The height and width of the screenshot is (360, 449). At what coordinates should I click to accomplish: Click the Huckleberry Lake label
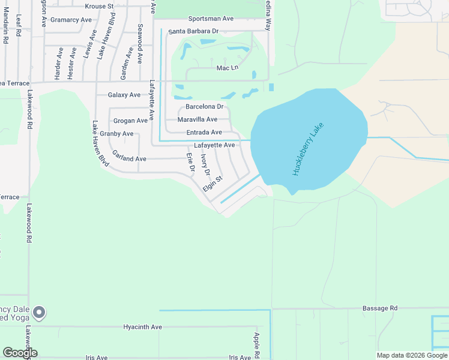coord(308,149)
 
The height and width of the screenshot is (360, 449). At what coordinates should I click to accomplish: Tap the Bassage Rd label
coord(380,308)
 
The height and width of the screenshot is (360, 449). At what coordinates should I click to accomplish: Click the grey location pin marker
coord(39,313)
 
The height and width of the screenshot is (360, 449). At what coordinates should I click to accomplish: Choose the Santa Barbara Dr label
coord(193,31)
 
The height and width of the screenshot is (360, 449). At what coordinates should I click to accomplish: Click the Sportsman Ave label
coord(210,19)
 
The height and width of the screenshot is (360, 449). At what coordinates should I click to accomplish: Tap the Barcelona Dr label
coord(204,107)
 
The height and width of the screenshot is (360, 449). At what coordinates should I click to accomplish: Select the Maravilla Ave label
coord(197,119)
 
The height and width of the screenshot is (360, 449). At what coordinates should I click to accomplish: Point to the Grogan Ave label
coord(130,121)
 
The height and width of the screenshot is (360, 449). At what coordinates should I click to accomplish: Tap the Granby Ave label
coord(116,134)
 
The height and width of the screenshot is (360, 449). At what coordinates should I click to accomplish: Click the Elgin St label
coord(212,183)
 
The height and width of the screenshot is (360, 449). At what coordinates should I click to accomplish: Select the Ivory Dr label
coord(205,164)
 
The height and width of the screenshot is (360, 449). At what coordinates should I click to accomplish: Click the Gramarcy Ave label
coord(71,20)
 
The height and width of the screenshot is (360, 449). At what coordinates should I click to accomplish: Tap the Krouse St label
coord(99,7)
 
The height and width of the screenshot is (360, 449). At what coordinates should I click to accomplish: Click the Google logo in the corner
coord(20,353)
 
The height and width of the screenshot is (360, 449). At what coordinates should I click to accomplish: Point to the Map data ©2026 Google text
coord(412,355)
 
